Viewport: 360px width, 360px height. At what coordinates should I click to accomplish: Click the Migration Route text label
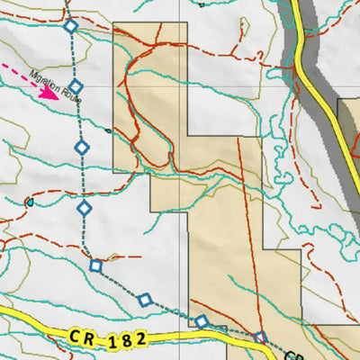[x=56, y=87]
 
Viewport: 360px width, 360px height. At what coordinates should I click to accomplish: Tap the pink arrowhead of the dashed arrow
[x=54, y=94]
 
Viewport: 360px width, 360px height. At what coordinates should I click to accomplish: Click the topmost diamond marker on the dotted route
[x=71, y=27]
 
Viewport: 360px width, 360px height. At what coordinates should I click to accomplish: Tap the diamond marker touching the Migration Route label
[x=76, y=87]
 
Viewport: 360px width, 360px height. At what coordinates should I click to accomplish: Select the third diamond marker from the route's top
[x=81, y=147]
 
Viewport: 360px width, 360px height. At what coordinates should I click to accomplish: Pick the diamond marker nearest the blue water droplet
[x=85, y=209]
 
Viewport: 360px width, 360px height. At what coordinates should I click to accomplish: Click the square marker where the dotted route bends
[x=96, y=265]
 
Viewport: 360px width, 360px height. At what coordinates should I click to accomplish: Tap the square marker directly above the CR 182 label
[x=145, y=300]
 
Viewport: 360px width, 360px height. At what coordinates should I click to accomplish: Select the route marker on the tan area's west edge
[x=202, y=322]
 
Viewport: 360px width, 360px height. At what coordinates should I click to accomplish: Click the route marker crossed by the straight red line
[x=260, y=338]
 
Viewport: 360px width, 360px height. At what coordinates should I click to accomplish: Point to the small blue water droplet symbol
[x=30, y=203]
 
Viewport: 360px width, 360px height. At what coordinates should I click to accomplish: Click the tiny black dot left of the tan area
[x=108, y=130]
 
